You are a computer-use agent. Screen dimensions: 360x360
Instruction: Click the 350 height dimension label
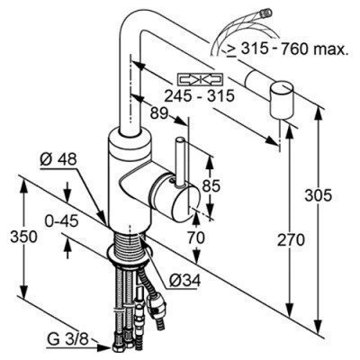click(23, 237)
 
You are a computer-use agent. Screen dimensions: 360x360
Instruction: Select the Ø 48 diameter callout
click(58, 160)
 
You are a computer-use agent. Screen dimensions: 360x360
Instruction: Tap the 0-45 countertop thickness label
click(61, 221)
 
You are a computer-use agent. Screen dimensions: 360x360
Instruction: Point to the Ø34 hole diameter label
click(184, 281)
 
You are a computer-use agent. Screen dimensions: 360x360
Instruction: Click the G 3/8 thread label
click(67, 340)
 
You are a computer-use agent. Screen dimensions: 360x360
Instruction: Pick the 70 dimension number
click(195, 238)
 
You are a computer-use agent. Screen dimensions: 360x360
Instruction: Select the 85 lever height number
click(211, 186)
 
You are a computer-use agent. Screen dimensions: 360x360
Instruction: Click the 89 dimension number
click(158, 113)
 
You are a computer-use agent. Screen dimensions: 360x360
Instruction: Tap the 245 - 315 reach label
click(200, 96)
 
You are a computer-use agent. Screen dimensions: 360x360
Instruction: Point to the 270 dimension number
click(291, 240)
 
